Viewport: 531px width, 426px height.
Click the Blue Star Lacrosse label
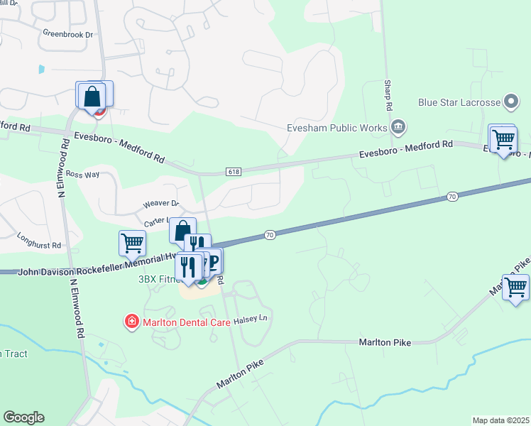click(x=459, y=102)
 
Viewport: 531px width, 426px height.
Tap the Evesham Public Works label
click(x=336, y=129)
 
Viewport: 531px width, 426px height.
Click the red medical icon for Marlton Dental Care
click(x=131, y=322)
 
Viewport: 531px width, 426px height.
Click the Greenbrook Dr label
click(x=68, y=33)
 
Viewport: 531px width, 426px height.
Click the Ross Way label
click(x=80, y=174)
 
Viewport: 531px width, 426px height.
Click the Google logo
click(x=23, y=417)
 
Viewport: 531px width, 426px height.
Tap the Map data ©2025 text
click(x=500, y=420)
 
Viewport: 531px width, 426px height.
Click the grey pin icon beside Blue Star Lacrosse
click(x=510, y=102)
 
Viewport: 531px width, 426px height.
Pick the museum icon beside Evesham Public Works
click(x=398, y=128)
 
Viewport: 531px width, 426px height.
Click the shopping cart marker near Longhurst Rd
click(x=132, y=243)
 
